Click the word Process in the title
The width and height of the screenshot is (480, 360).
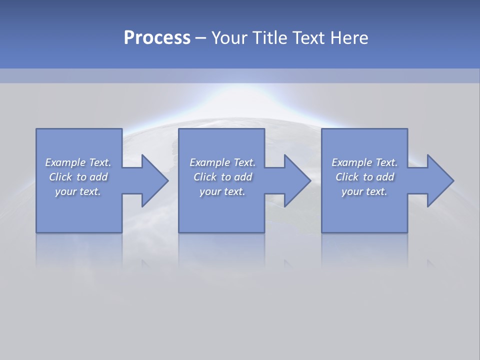tap(157, 38)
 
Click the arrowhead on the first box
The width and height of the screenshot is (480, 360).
tap(155, 180)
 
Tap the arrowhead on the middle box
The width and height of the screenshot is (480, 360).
tap(297, 180)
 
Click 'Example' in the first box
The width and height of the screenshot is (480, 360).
tap(65, 162)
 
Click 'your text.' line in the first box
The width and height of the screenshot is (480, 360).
tap(78, 191)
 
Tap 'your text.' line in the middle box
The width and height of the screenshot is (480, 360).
tap(222, 191)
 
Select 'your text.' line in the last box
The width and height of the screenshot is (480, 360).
tap(364, 191)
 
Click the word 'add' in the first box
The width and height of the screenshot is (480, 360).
tap(98, 177)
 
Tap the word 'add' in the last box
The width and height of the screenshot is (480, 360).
tap(385, 177)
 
